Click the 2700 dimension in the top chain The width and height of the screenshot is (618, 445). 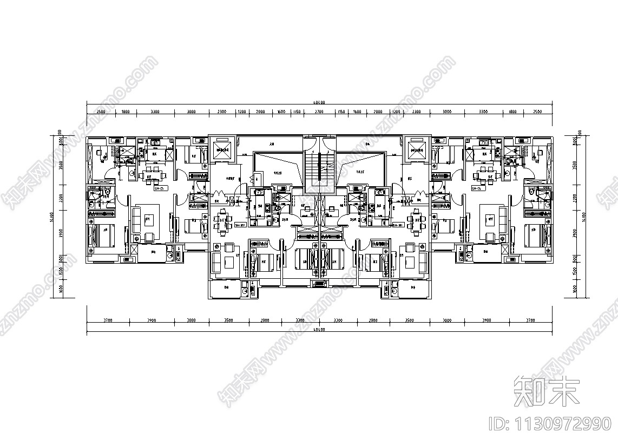319,112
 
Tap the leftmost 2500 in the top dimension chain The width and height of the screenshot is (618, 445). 101,112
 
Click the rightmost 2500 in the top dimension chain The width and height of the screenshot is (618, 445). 537,112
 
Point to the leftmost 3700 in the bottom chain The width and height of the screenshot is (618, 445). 108,320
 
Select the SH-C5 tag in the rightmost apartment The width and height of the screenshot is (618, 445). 478,189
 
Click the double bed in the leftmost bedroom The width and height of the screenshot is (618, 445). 103,235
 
